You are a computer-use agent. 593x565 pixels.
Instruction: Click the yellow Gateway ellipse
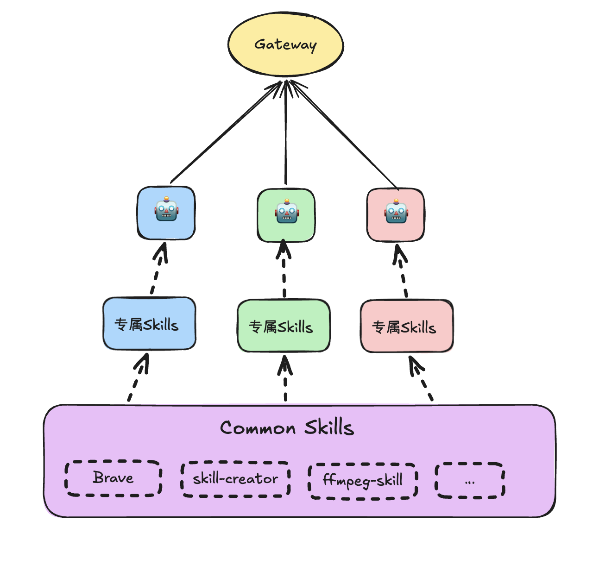pos(285,44)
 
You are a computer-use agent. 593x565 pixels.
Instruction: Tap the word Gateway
pos(285,45)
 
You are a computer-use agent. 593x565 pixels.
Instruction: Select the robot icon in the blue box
pos(166,209)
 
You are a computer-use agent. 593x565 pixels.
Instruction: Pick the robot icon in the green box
pos(287,211)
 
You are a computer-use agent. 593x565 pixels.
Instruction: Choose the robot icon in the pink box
pos(396,211)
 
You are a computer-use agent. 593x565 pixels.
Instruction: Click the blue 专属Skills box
pos(149,324)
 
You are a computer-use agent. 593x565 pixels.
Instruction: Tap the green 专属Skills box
pos(284,326)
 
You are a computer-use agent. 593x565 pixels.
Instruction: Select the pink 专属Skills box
pos(407,326)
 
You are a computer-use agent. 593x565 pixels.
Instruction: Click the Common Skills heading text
pos(287,427)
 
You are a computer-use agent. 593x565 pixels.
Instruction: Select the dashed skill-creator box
pos(235,479)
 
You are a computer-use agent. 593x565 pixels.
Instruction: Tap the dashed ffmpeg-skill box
pos(363,481)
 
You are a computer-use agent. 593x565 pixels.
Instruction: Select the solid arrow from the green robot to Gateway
pos(286,132)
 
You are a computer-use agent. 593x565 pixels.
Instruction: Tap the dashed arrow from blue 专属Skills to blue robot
pos(158,268)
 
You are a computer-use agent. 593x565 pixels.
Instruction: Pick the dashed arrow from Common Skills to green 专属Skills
pos(285,378)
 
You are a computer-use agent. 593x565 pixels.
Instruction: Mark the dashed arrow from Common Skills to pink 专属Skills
pos(421,378)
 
